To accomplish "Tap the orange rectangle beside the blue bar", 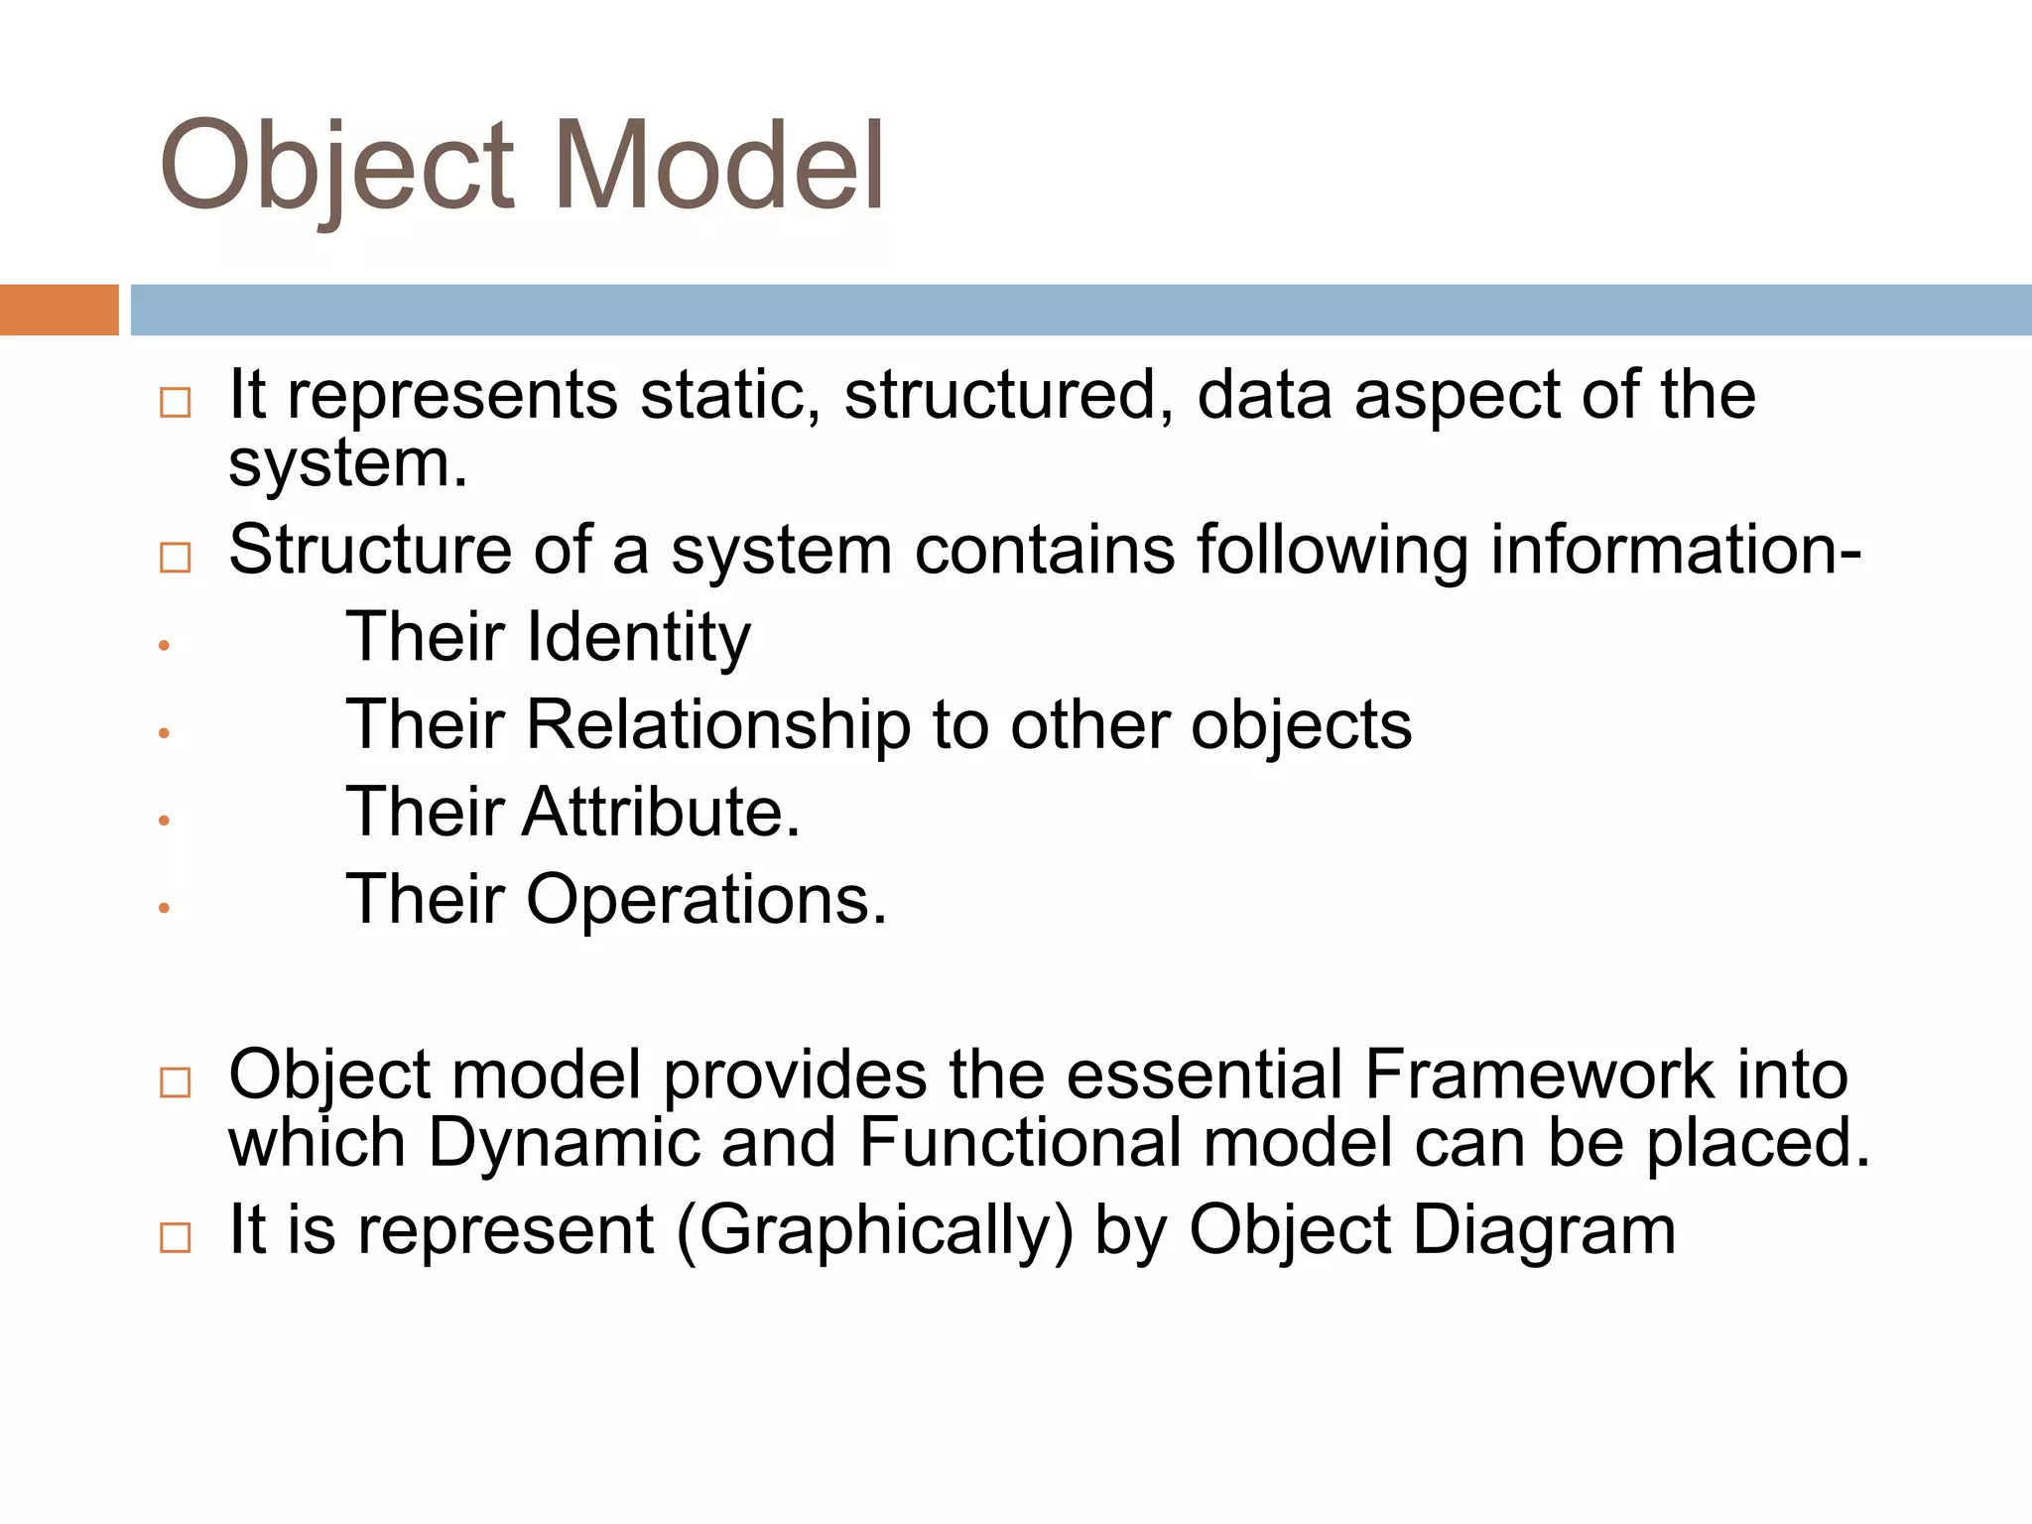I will coord(59,310).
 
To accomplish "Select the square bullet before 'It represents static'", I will coord(175,403).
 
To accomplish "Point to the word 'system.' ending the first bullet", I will coord(347,464).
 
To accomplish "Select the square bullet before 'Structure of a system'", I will coord(175,558).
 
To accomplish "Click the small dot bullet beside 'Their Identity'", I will coord(165,646).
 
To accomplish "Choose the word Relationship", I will coord(717,725).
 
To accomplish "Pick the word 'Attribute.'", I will coord(661,813).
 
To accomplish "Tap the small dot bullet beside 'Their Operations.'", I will coord(165,908).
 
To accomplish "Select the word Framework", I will coord(1539,1076).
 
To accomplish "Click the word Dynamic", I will coord(563,1143).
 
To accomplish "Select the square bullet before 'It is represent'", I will coord(175,1238).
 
